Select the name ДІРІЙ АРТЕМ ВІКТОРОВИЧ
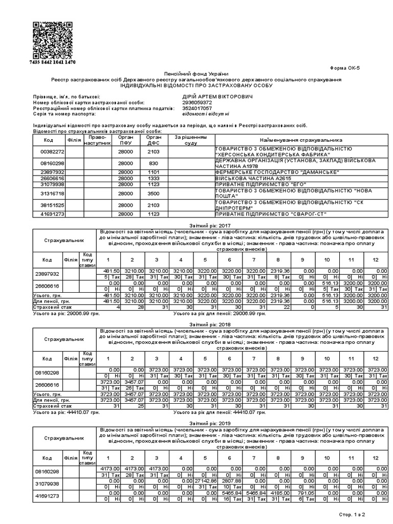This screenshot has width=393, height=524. click(217, 96)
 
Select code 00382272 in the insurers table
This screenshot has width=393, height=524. click(52, 152)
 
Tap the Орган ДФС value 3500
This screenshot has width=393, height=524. click(154, 194)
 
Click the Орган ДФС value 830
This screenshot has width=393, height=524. click(154, 163)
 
